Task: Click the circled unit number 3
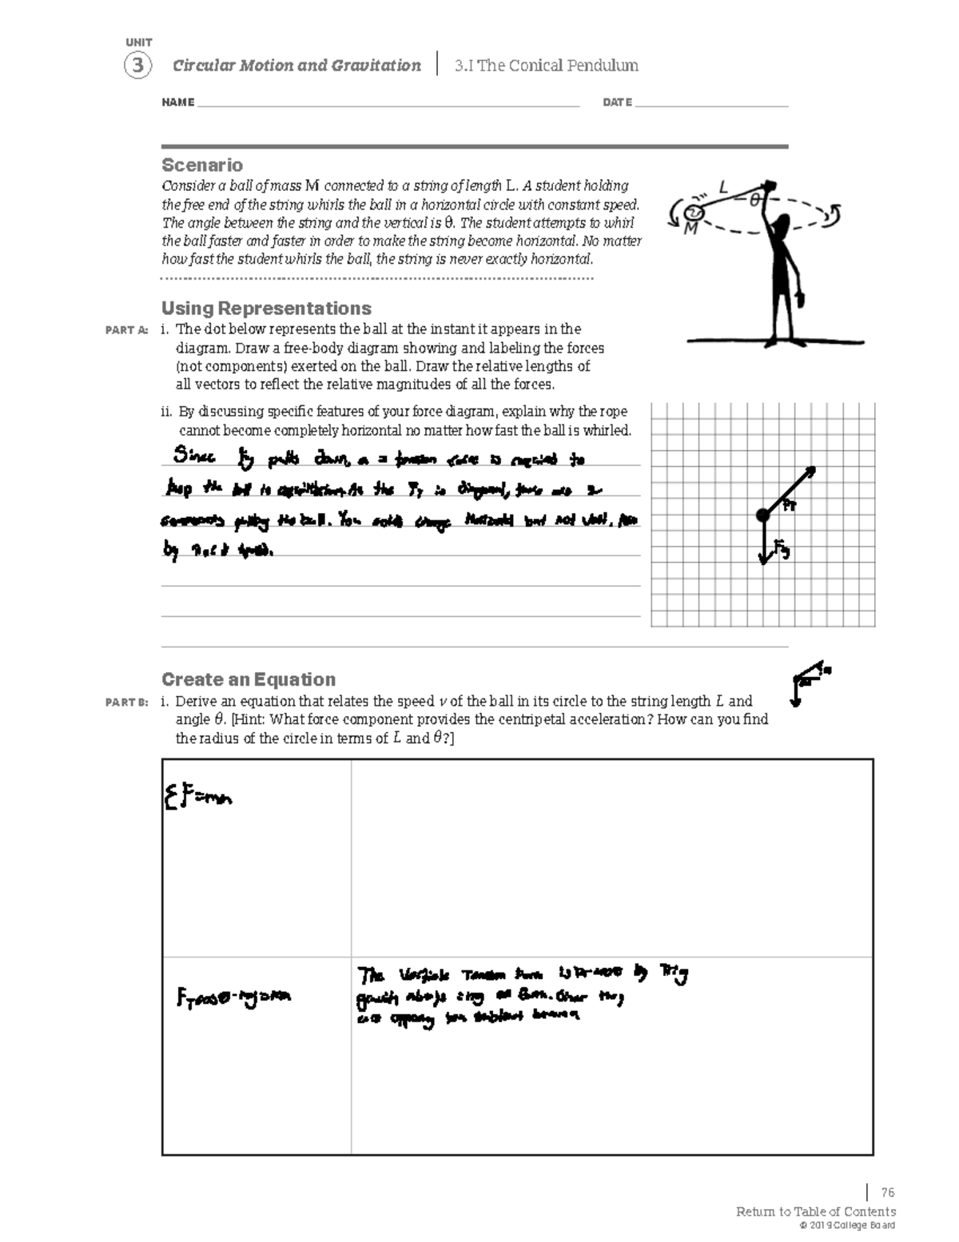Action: (137, 66)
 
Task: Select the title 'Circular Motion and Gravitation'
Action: (296, 66)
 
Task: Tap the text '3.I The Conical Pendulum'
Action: (546, 66)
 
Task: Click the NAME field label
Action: (177, 102)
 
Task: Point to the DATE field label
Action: (617, 102)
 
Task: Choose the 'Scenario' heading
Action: (202, 165)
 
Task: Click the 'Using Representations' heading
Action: (266, 309)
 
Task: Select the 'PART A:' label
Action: (126, 330)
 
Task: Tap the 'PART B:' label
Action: (126, 703)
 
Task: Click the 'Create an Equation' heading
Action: (249, 679)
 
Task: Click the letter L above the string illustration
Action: (723, 188)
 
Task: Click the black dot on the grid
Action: (763, 516)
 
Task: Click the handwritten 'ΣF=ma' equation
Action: (198, 797)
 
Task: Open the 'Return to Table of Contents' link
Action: (815, 1212)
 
